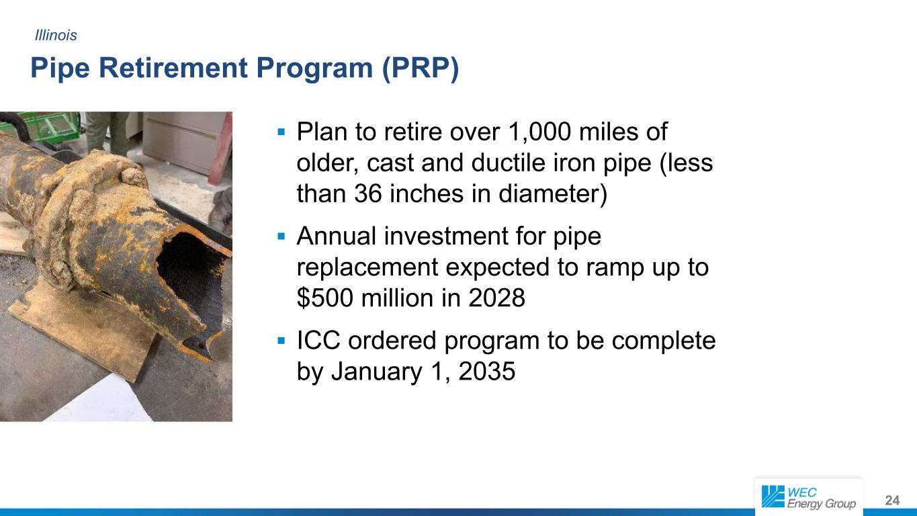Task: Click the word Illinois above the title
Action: click(x=56, y=35)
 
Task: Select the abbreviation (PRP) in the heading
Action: click(x=421, y=68)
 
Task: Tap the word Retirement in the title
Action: click(x=173, y=68)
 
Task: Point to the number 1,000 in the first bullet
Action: click(x=539, y=132)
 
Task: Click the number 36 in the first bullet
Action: click(x=368, y=193)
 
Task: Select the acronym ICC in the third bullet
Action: click(x=318, y=341)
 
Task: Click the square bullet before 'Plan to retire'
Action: click(x=281, y=132)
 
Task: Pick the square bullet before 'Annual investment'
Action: click(x=281, y=236)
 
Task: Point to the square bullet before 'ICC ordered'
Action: click(x=281, y=341)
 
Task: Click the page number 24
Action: click(x=892, y=500)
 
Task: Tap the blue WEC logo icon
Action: click(x=773, y=497)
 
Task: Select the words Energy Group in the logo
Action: click(x=821, y=503)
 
